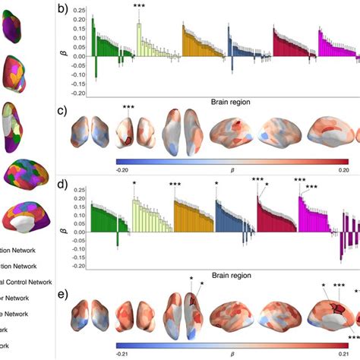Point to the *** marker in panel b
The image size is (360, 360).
(x=139, y=7)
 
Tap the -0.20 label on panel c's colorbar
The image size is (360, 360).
(x=126, y=170)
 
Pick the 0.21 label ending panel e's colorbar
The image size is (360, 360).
(x=341, y=354)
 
